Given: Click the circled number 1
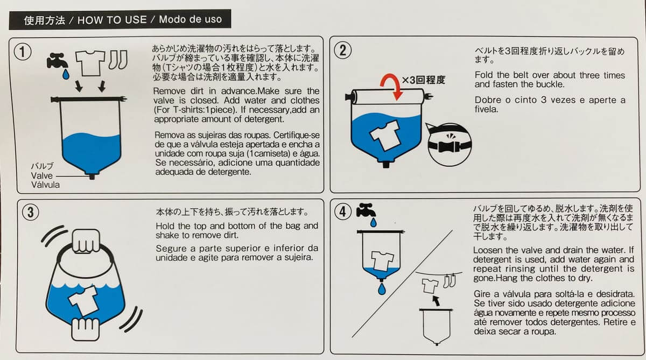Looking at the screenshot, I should [22, 52].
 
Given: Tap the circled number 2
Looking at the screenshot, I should [343, 51].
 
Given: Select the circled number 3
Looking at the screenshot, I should [30, 213].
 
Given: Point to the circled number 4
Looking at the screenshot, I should [343, 211].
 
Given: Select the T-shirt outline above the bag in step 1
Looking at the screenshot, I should [89, 63].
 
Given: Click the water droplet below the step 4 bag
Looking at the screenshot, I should [381, 289].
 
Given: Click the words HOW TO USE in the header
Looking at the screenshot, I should [112, 20].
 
